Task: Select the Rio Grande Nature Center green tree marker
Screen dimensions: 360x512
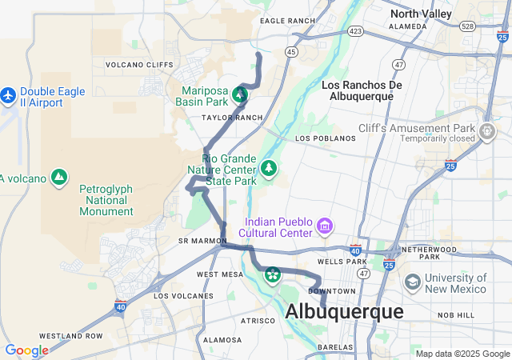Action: click(270, 168)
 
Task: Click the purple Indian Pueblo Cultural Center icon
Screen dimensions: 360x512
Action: click(325, 227)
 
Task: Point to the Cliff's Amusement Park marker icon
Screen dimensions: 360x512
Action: click(488, 130)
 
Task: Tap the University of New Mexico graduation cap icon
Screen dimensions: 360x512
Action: click(412, 282)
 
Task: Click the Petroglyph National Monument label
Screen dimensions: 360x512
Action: click(106, 200)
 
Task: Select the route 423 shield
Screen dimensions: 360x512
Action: click(355, 32)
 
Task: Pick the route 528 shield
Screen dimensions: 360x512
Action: click(468, 26)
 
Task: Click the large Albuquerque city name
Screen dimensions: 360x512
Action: click(344, 312)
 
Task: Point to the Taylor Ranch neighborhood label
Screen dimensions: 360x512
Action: click(232, 118)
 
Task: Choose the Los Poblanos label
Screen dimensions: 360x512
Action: click(325, 138)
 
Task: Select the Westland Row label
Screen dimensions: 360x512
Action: click(70, 335)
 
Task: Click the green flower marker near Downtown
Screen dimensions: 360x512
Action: click(273, 275)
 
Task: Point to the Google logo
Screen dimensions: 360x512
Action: click(26, 350)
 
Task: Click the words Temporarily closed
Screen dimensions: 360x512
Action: click(445, 138)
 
